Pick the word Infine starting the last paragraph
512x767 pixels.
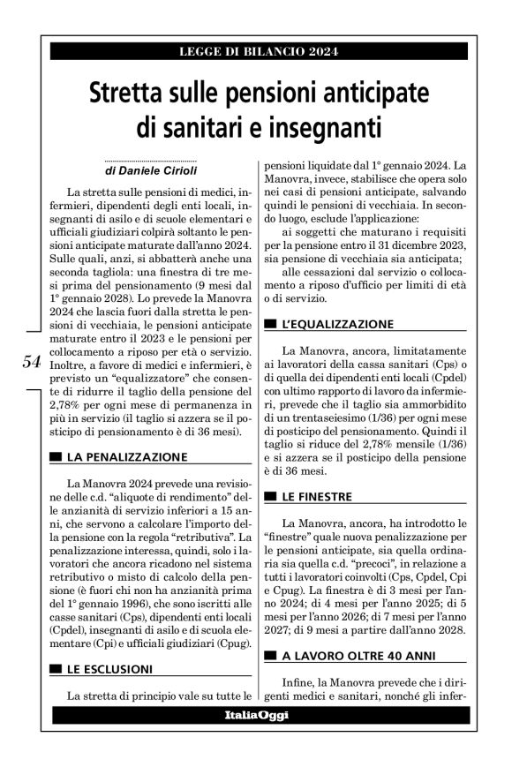tap(299, 681)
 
